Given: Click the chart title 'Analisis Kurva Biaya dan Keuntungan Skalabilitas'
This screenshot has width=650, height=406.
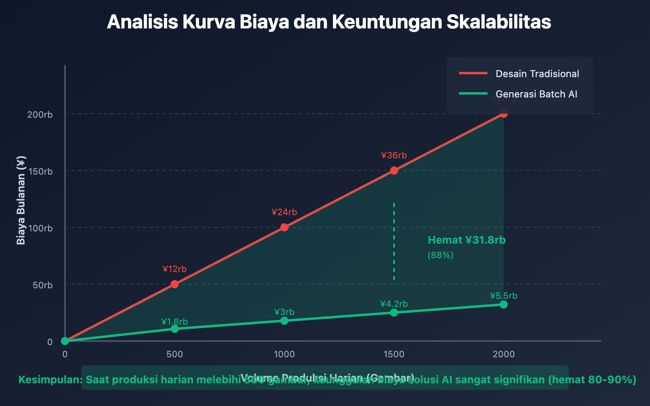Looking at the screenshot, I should pos(329,22).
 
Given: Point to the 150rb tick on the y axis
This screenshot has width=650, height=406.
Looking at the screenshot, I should pos(40,171).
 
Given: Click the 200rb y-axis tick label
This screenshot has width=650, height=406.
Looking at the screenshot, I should pos(40,114).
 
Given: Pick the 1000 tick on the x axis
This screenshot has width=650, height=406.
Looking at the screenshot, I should pos(284,354).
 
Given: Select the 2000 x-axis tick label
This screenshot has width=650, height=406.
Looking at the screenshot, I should pos(504,354).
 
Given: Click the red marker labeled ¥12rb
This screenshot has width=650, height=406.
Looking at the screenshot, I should pos(175,284).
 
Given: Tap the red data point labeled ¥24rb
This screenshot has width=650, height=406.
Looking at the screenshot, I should pos(284,227).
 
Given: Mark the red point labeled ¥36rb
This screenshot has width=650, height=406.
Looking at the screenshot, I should pos(394,171).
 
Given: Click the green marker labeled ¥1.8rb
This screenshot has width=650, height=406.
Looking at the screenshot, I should pos(175,328).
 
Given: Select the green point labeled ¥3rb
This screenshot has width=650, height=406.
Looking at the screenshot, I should pos(284,321).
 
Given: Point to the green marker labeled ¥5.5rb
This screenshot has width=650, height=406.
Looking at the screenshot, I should pos(504,304).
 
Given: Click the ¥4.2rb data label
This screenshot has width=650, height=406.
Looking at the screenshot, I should pos(394,304).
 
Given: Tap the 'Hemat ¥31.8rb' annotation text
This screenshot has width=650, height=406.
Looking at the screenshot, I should pos(467,240).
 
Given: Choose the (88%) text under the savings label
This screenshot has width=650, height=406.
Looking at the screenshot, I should pos(440,255).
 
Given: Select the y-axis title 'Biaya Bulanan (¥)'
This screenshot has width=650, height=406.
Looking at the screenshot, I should pos(21,200).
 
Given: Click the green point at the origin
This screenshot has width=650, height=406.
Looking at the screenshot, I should pos(65,341).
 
